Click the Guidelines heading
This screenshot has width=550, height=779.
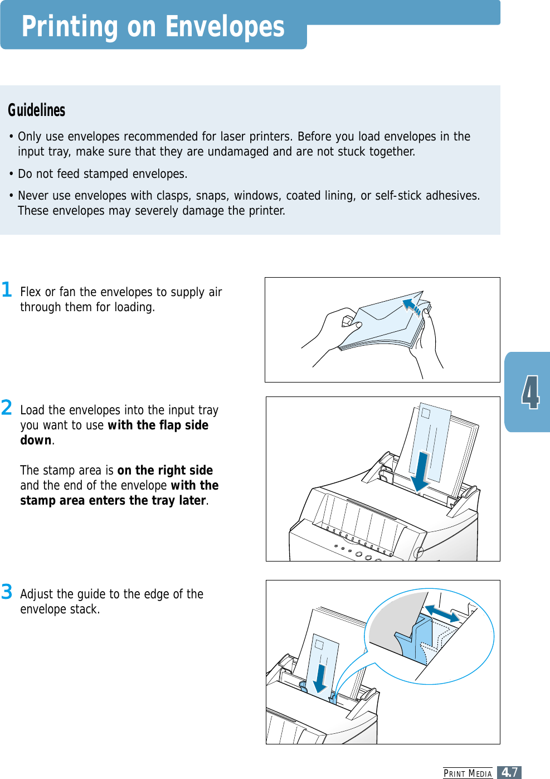pos(37,110)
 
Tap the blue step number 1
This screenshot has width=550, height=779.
pos(7,289)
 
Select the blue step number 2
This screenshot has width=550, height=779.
pos(7,408)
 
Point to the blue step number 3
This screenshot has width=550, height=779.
pos(7,592)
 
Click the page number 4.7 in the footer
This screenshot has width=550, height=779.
pos(509,772)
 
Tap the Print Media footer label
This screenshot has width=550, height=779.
pos(468,773)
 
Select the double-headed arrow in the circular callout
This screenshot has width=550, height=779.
pos(442,614)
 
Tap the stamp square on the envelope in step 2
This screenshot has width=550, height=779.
pos(426,413)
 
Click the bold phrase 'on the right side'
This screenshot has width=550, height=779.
pos(165,470)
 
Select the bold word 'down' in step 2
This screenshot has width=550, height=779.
pos(36,440)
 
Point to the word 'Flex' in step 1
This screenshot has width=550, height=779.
pos(31,292)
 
